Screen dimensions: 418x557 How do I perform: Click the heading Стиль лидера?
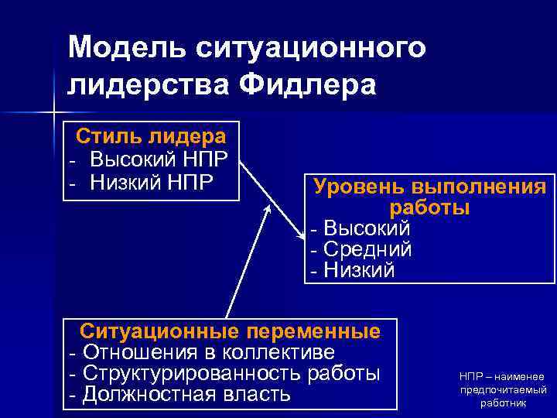click(x=151, y=137)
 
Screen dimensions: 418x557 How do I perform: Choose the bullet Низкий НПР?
click(x=152, y=182)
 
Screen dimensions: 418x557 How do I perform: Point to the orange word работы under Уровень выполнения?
click(x=429, y=207)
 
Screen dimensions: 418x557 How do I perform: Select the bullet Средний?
click(x=366, y=249)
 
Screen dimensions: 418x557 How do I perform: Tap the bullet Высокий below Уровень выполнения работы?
click(x=366, y=229)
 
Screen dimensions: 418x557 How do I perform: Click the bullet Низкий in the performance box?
click(x=358, y=270)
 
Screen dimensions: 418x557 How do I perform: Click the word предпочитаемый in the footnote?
click(x=503, y=389)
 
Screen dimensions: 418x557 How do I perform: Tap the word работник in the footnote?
click(x=503, y=403)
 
